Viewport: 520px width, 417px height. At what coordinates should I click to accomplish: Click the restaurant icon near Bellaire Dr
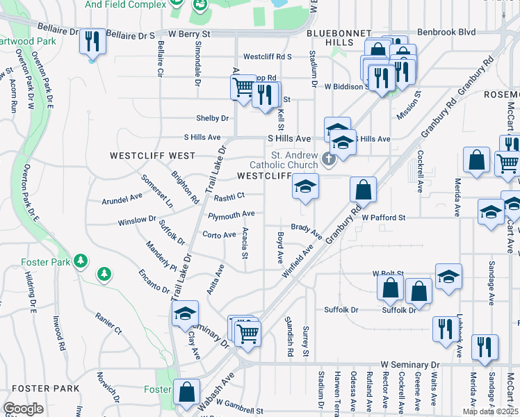92,42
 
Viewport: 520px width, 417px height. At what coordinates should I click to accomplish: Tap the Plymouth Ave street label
231,214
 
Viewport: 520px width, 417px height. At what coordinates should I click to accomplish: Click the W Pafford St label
383,218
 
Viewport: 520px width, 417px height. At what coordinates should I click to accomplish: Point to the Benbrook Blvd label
446,32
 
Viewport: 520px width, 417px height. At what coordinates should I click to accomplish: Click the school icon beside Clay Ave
185,313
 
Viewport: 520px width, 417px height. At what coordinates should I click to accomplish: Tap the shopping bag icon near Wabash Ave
186,392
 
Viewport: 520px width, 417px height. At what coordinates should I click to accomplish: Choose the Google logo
23,409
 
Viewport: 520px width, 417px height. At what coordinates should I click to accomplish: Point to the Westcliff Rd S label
267,57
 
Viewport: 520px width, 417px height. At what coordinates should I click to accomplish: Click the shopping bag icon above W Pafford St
363,190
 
